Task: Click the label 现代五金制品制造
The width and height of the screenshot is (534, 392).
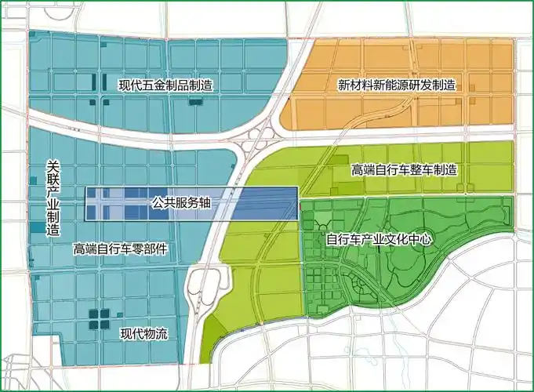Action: point(165,85)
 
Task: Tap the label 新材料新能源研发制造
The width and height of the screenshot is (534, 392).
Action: point(397,85)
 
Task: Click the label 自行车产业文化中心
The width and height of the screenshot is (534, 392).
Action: point(378,238)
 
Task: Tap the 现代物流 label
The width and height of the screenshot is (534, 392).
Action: point(144,333)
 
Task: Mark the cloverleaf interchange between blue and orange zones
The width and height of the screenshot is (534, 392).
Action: point(256,142)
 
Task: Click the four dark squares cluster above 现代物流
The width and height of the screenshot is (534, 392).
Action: point(99,318)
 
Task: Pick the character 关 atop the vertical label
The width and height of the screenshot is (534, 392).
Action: point(53,165)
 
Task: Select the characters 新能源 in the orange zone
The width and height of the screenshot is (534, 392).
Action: point(384,85)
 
